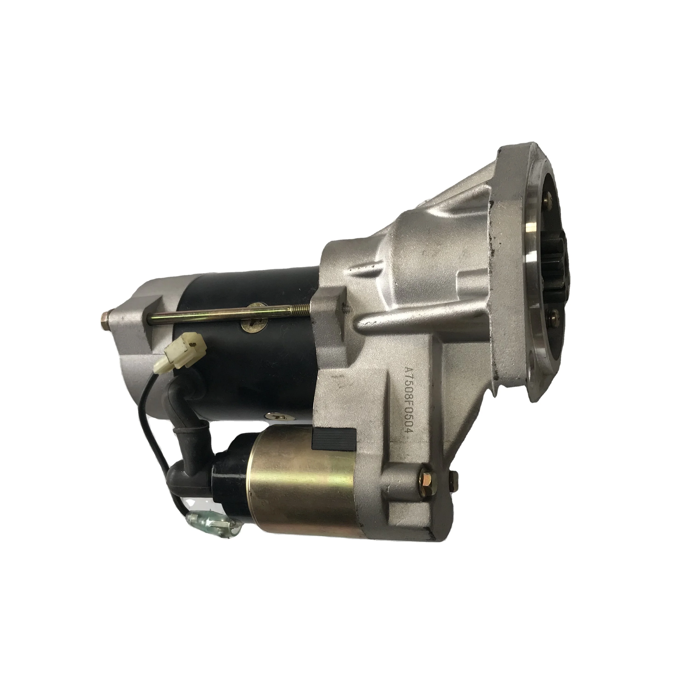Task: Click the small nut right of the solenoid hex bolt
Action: click(455, 478)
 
